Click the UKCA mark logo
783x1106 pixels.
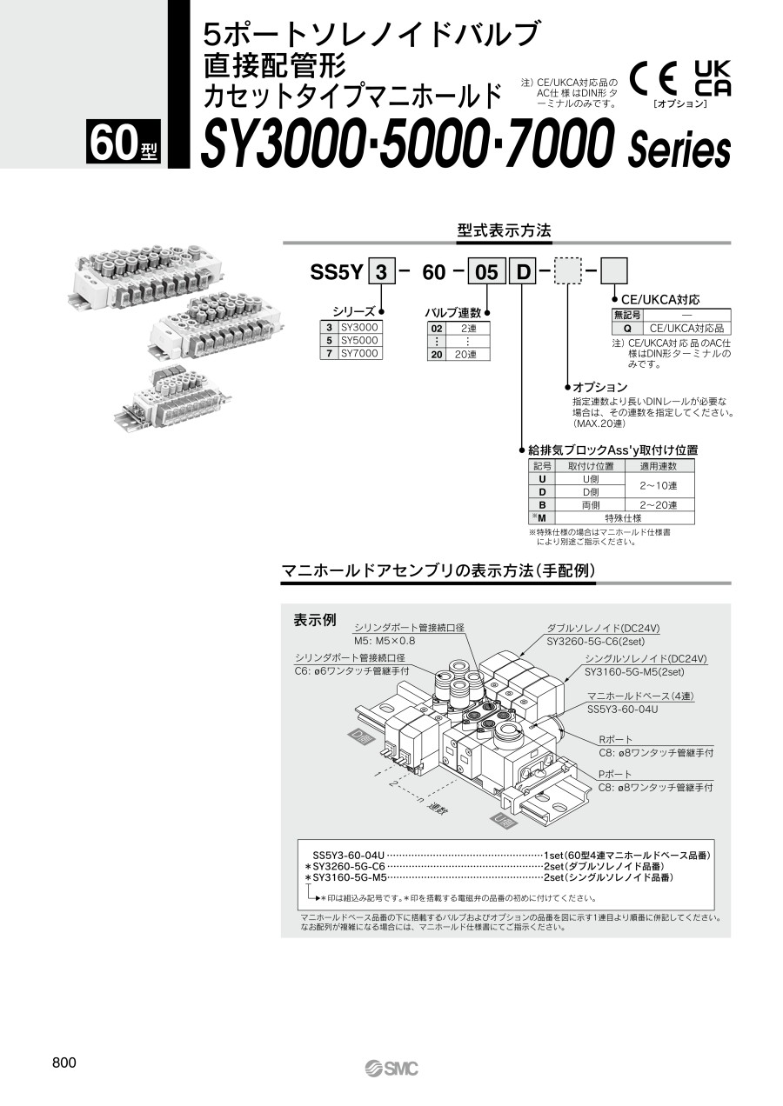click(712, 78)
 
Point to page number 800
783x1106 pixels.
click(64, 1063)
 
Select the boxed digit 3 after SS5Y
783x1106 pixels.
click(379, 272)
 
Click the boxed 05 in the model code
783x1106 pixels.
click(488, 272)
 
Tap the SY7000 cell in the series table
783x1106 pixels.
click(359, 353)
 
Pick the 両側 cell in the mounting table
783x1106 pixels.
click(590, 504)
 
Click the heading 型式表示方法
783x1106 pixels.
click(504, 231)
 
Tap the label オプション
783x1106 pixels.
click(599, 387)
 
